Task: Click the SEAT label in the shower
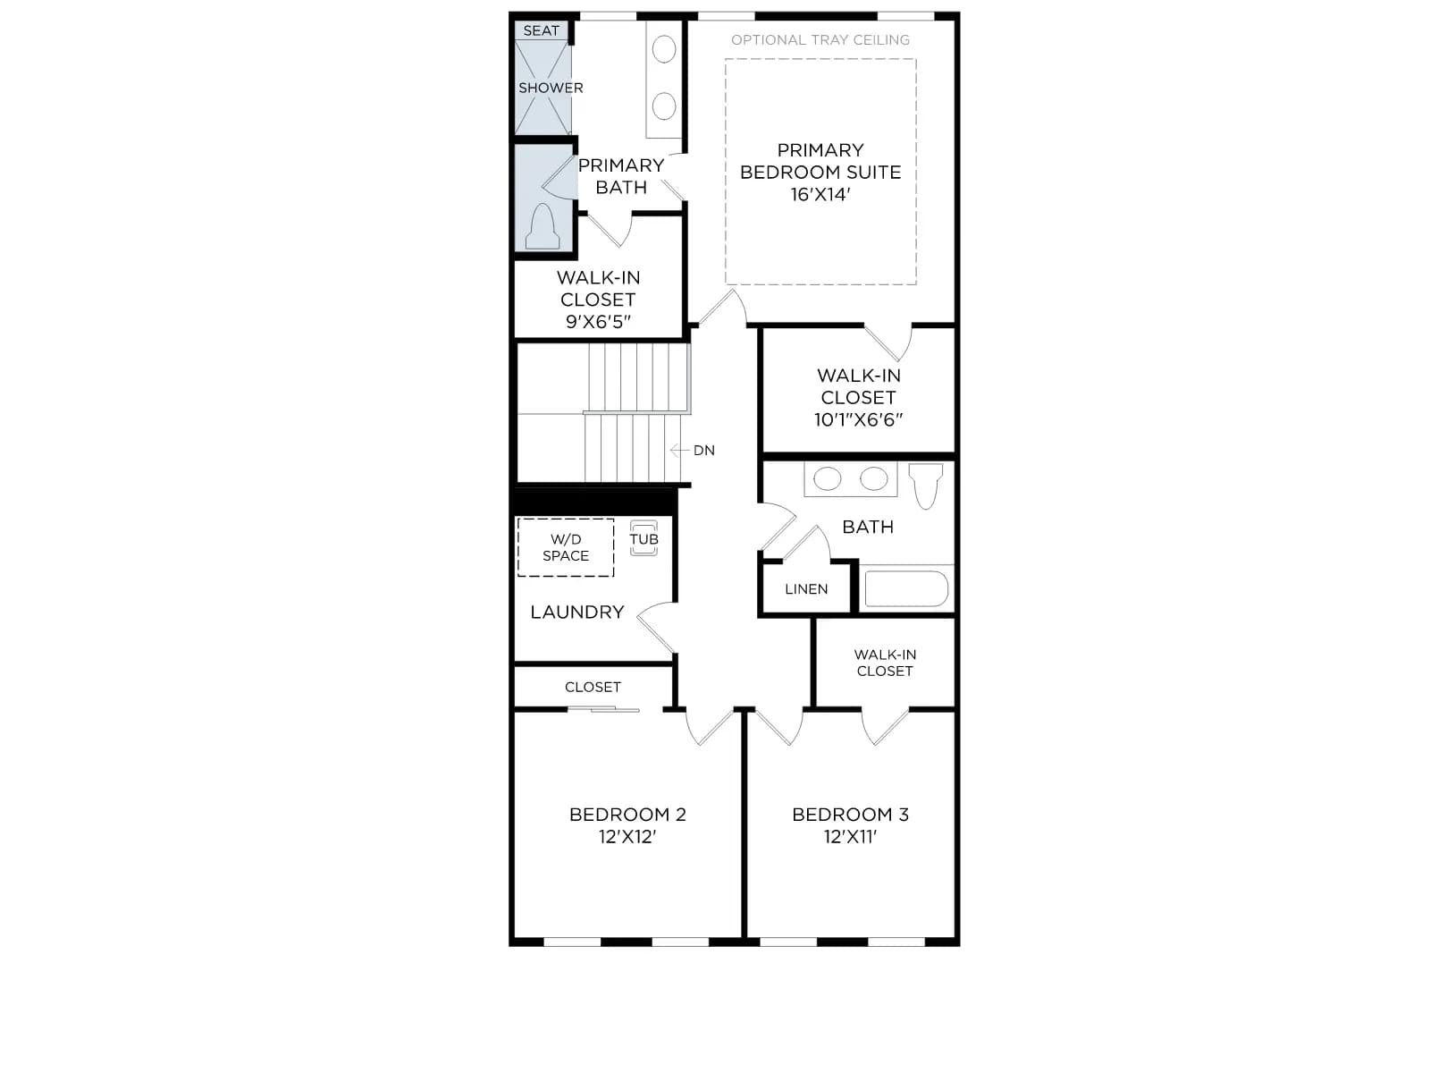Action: (541, 30)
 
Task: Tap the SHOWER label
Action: (551, 88)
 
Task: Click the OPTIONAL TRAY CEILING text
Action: (820, 39)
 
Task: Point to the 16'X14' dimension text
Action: (820, 194)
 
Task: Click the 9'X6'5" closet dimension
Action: (597, 321)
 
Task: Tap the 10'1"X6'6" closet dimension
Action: (858, 418)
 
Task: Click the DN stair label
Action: (703, 450)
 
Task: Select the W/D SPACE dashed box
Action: (566, 547)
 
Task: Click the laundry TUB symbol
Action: (643, 538)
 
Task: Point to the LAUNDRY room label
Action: (577, 612)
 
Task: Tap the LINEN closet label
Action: (806, 589)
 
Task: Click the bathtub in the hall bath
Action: (906, 588)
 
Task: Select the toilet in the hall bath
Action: (926, 486)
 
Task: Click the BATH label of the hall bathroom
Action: (868, 527)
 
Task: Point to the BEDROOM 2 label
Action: (627, 815)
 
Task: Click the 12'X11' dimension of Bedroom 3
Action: (850, 837)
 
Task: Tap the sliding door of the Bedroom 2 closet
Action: (603, 709)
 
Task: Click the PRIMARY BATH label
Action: (621, 176)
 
